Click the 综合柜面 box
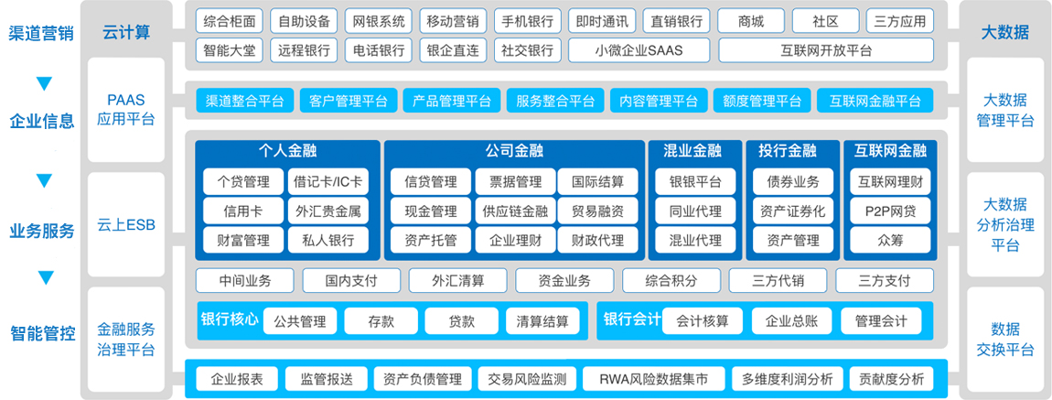pyautogui.click(x=230, y=21)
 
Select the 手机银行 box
pyautogui.click(x=527, y=21)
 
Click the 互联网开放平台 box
pyautogui.click(x=826, y=50)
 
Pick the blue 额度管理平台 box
pyautogui.click(x=761, y=101)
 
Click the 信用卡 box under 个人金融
pyautogui.click(x=243, y=211)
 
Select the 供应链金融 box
pyautogui.click(x=515, y=211)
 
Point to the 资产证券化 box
pyautogui.click(x=793, y=211)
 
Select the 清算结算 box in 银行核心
pyautogui.click(x=542, y=320)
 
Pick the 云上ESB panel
pyautogui.click(x=126, y=225)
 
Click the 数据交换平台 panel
pyautogui.click(x=1005, y=340)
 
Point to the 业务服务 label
pyautogui.click(x=41, y=232)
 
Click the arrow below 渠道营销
pyautogui.click(x=44, y=84)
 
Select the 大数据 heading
pyautogui.click(x=1004, y=32)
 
